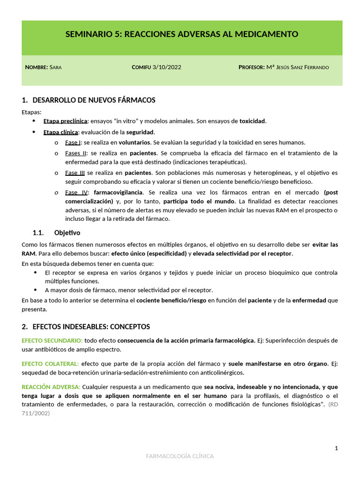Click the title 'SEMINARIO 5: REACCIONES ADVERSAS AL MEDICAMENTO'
point(182,34)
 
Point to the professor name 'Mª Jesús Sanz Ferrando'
point(297,67)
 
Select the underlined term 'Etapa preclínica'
point(65,121)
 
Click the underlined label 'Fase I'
point(73,142)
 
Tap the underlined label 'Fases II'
point(75,153)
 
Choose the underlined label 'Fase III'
point(75,172)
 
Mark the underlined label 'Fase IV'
point(76,192)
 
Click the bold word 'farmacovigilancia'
point(119,192)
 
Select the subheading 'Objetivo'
point(67,232)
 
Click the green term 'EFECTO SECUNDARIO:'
point(52,340)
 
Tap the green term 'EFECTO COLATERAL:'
point(50,364)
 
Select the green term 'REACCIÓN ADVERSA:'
point(51,387)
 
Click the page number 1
point(336,449)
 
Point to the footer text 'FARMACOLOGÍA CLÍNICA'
point(180,456)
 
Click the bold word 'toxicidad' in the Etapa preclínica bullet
point(252,121)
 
